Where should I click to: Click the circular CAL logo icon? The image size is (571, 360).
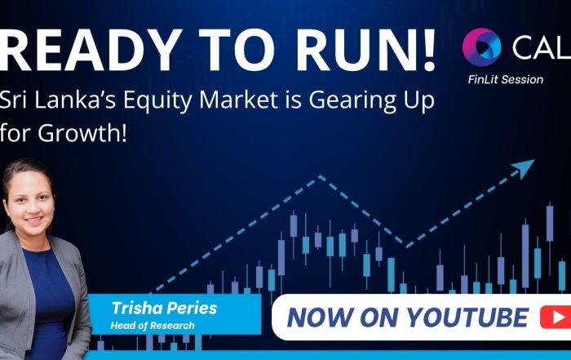pos(481,47)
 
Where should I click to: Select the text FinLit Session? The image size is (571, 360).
pos(506,79)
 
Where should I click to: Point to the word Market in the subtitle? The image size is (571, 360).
pos(238,100)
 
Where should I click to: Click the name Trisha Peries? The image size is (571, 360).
pos(164,309)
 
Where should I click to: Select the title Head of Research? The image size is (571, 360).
pos(153,325)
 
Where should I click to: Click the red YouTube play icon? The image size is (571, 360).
pos(556,317)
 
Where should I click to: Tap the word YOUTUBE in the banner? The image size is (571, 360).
pos(467,317)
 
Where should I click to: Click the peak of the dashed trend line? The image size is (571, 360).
pos(320,176)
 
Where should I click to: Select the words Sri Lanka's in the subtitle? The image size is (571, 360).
pos(57,100)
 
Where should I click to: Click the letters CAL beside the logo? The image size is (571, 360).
pos(542,47)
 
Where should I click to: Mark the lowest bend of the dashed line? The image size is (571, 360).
pos(406,246)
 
